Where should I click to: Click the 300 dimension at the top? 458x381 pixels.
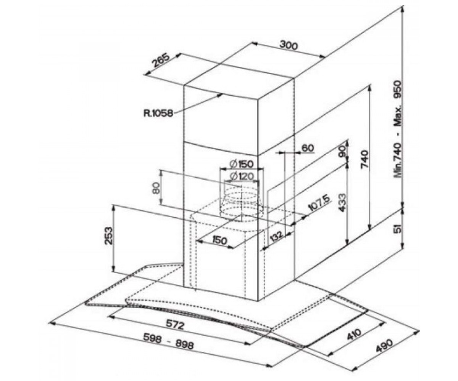pos(289,45)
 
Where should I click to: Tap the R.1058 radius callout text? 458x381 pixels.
pos(158,113)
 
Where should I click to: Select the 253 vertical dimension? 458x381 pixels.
pos(109,235)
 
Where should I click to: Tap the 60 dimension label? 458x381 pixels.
pos(308,148)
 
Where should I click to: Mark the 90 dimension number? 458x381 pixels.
pos(342,151)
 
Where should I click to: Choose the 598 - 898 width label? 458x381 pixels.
pos(168,343)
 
